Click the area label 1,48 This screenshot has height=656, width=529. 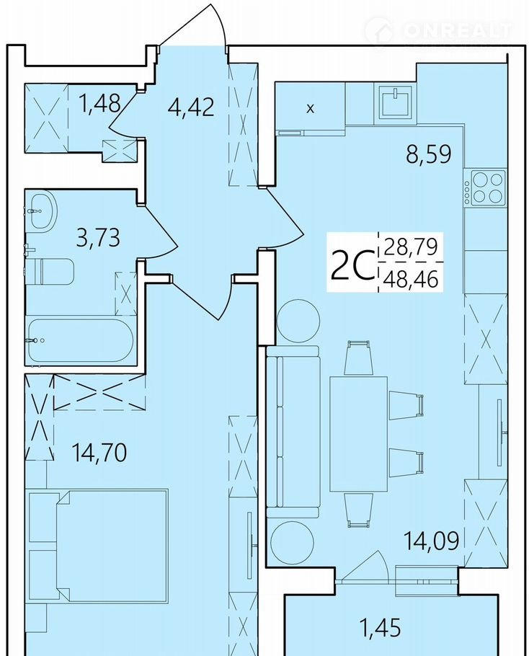pyautogui.click(x=101, y=102)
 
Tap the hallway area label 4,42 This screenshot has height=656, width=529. pyautogui.click(x=191, y=107)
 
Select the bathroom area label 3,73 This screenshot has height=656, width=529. pyautogui.click(x=98, y=237)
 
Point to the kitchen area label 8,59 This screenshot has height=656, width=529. pyautogui.click(x=429, y=154)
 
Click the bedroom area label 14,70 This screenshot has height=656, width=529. pyautogui.click(x=99, y=452)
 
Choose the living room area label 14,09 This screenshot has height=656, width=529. pyautogui.click(x=431, y=540)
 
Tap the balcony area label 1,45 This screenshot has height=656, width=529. pyautogui.click(x=380, y=628)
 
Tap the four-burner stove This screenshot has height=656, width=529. pyautogui.click(x=485, y=188)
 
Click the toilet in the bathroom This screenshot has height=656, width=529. pyautogui.click(x=49, y=270)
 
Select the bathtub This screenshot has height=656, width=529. pyautogui.click(x=81, y=342)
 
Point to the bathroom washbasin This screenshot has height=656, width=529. pyautogui.click(x=43, y=210)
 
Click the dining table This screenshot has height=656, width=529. pyautogui.click(x=358, y=434)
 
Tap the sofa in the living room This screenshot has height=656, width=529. pyautogui.click(x=293, y=432)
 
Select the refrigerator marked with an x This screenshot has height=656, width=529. pyautogui.click(x=311, y=108)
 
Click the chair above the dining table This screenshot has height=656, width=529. pyautogui.click(x=358, y=358)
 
